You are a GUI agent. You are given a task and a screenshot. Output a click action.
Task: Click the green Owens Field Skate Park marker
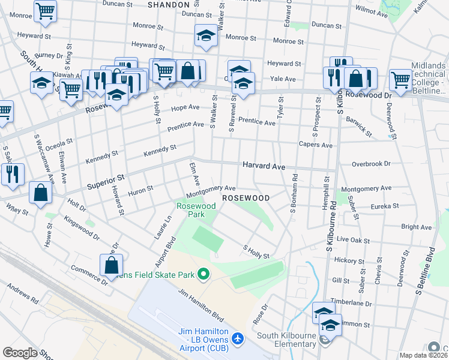pos(203,275)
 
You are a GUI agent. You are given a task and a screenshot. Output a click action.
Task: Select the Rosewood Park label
pos(196,210)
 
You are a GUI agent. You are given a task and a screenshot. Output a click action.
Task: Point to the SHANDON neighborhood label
pos(169,4)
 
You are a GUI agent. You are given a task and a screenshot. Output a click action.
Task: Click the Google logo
pos(20,353)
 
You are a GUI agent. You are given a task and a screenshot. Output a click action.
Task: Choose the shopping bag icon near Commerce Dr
pos(112,263)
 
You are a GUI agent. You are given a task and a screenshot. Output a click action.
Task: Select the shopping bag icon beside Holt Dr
pos(40,193)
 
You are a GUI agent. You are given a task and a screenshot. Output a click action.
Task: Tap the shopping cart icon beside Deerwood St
pos(400,79)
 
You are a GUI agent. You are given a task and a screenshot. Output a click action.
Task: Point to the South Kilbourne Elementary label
pos(287,340)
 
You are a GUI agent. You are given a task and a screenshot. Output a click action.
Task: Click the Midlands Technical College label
pos(429,78)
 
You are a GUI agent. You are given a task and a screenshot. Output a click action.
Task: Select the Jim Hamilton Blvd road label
pos(201,304)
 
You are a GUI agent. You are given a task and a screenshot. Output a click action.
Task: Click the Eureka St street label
pos(384,206)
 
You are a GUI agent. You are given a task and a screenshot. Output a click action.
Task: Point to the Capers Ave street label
pos(316,145)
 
